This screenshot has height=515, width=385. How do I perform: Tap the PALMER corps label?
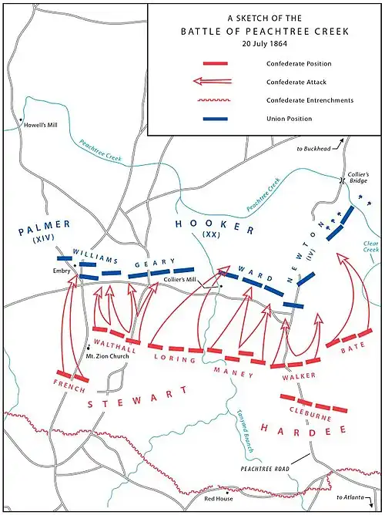[45, 227]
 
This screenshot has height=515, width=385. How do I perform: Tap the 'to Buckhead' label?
[312, 147]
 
